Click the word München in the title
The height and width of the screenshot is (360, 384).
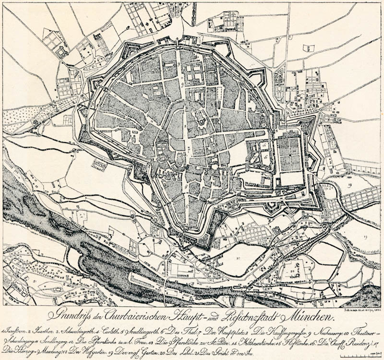tap(306, 317)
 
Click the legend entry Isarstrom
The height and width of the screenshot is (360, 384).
tap(14, 332)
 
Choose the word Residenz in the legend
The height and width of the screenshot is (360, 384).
tap(356, 343)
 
